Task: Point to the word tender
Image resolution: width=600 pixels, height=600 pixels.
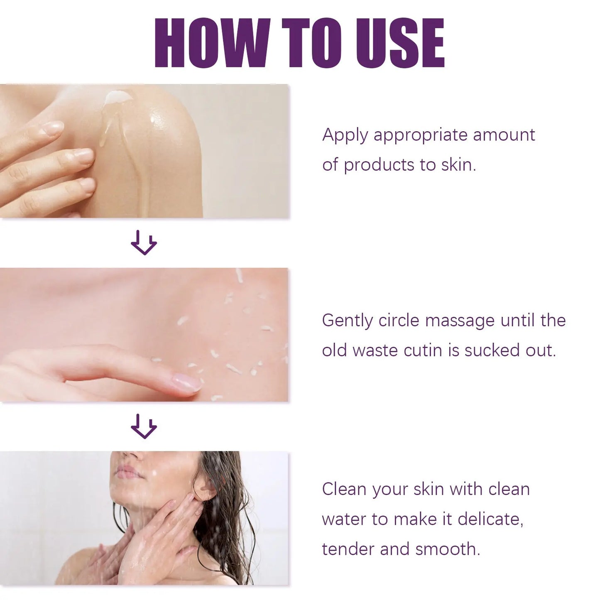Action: (x=348, y=549)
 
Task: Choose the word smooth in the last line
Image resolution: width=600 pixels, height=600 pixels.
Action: (x=447, y=549)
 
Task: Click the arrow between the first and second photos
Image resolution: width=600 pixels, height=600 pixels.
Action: (x=144, y=243)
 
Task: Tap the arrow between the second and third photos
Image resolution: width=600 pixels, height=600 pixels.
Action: (x=144, y=426)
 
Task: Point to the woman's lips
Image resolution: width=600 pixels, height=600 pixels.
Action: (x=127, y=472)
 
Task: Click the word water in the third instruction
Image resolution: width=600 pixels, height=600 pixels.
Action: (x=344, y=519)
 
